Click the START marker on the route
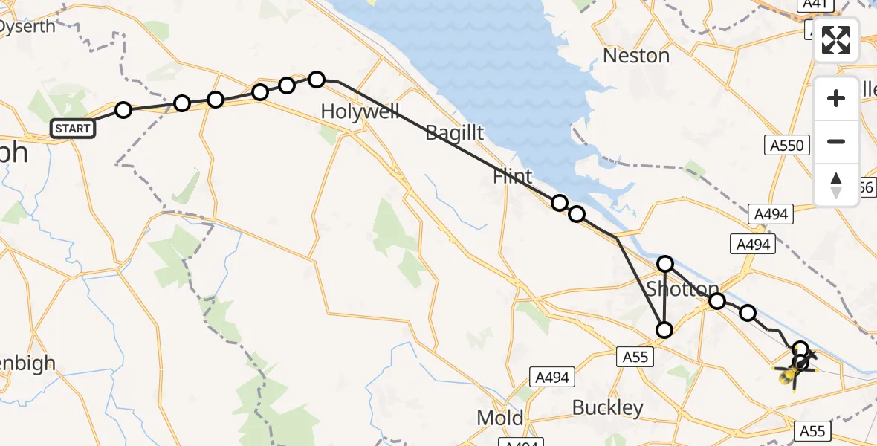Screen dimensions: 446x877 pos(72,129)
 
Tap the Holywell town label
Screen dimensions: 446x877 pos(360,112)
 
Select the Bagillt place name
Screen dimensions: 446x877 pos(454,134)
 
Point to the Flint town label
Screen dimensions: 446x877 pos(513,177)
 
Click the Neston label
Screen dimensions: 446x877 pos(636,56)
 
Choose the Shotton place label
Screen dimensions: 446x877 pos(683,289)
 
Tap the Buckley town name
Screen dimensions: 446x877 pos(608,407)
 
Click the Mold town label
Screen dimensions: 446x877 pos(500,418)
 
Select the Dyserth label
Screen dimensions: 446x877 pos(27,27)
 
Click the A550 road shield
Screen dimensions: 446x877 pos(787,145)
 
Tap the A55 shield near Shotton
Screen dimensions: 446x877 pos(634,358)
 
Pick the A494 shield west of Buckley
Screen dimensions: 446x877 pos(551,378)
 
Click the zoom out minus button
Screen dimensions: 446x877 pos(836,141)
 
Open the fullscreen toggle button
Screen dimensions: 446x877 pos(836,40)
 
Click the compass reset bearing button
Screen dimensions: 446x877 pos(836,184)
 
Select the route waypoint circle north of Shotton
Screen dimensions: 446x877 pos(665,263)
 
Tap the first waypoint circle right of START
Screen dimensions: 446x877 pos(123,110)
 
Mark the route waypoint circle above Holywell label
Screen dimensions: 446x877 pos(317,79)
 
